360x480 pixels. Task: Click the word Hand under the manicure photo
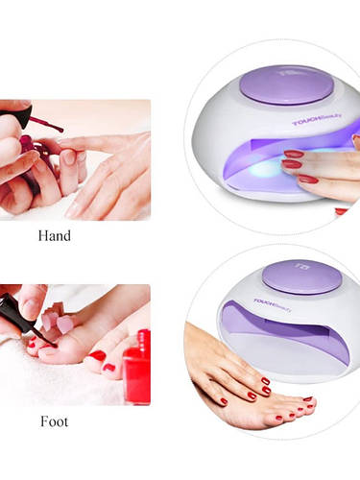(x=55, y=236)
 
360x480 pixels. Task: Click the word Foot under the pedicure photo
(x=55, y=421)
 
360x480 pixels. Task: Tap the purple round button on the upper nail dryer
(x=287, y=84)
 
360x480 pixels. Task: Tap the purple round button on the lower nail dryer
(x=302, y=276)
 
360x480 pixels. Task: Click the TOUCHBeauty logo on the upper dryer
(x=317, y=119)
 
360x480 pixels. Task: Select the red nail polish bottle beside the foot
(x=137, y=367)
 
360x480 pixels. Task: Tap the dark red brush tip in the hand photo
(x=57, y=128)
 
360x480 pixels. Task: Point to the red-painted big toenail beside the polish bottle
(x=97, y=355)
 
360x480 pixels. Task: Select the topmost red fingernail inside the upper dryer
(x=294, y=155)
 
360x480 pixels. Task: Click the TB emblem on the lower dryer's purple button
(x=302, y=266)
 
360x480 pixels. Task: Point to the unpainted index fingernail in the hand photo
(x=68, y=157)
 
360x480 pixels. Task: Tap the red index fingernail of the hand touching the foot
(x=266, y=381)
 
